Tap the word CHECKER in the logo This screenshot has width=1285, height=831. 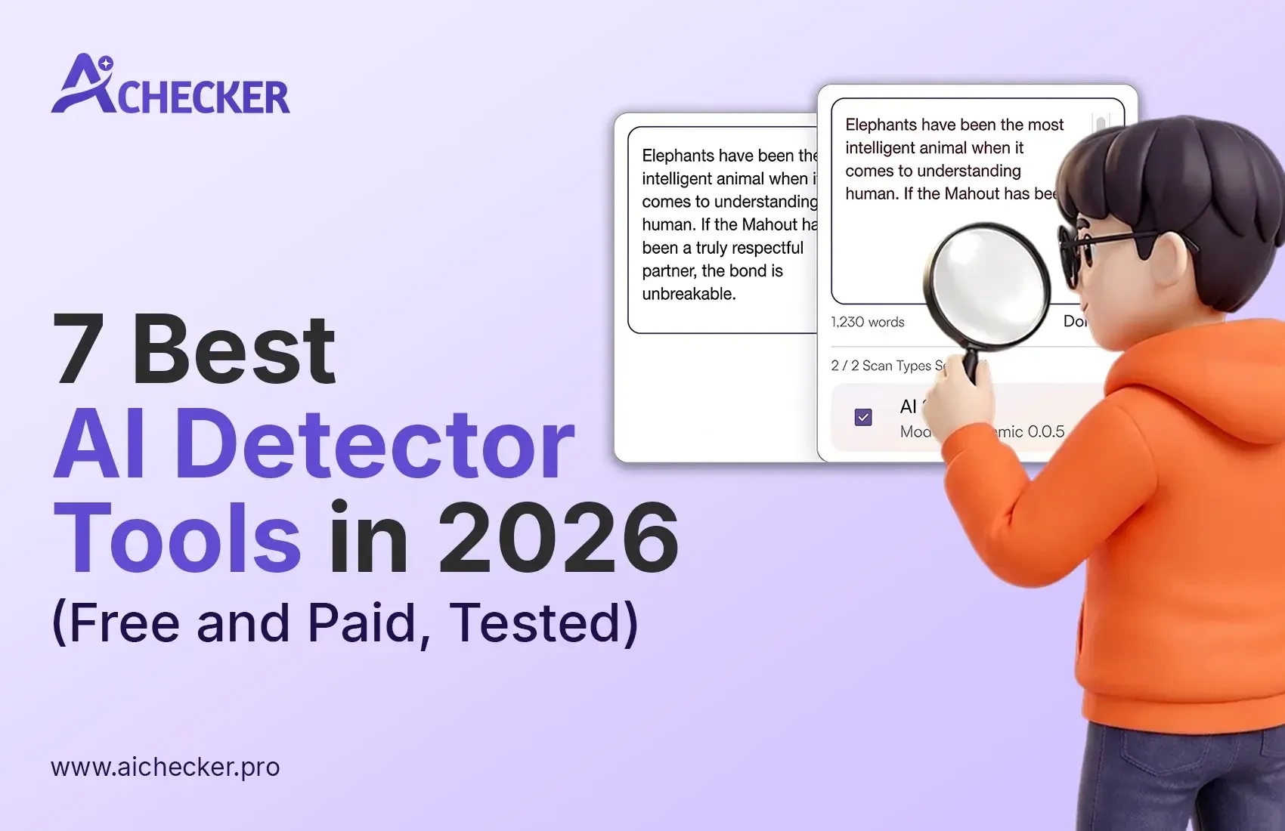203,98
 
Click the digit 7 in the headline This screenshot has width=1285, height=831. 79,349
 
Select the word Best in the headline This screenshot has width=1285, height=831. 234,349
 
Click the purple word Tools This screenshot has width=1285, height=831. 178,537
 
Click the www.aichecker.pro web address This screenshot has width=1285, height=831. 166,767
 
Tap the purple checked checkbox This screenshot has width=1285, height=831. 863,417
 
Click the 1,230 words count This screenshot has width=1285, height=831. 868,322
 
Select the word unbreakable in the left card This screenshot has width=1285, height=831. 688,294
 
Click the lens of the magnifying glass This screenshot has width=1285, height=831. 988,286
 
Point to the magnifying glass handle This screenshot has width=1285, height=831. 970,366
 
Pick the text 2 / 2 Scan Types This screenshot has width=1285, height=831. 881,366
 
